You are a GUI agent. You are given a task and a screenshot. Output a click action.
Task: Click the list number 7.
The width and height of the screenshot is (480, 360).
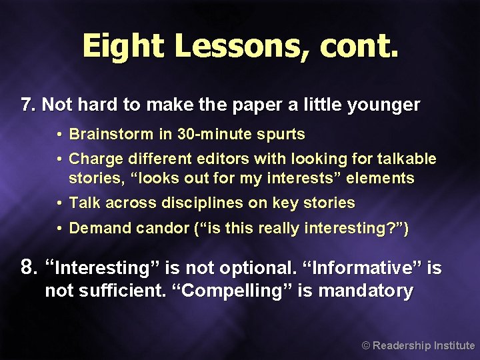click(27, 105)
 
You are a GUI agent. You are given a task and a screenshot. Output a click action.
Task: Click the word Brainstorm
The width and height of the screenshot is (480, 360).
click(111, 134)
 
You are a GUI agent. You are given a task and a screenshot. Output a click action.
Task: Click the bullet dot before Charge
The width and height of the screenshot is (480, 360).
click(59, 159)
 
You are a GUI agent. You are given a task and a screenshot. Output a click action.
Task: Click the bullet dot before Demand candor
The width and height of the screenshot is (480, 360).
click(59, 228)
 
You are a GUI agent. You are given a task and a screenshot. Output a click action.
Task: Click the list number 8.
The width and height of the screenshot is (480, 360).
click(27, 268)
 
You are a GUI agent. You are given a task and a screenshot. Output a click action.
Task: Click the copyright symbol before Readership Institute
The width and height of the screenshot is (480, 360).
click(365, 346)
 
